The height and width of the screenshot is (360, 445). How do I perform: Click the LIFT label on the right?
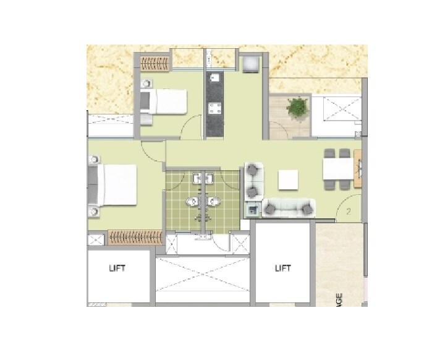point(282,268)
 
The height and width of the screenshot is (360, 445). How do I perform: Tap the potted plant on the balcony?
point(297,108)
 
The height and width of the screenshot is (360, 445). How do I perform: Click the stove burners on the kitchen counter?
point(216,109)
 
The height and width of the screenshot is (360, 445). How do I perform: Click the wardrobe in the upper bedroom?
point(155,62)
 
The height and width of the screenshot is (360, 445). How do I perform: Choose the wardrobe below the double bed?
point(135,238)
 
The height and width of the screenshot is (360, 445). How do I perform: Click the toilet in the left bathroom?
point(193,202)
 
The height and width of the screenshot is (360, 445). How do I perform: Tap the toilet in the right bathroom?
point(214,202)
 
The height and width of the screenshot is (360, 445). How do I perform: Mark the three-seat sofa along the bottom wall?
point(288,208)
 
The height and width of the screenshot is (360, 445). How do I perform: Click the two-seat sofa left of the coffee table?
point(253,179)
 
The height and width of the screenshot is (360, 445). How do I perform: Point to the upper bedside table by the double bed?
point(94,158)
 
